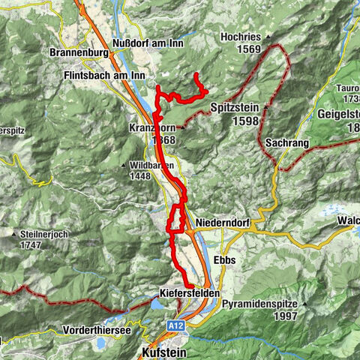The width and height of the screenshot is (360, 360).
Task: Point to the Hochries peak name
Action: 240,37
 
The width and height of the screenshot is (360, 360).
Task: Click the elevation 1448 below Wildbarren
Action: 144,175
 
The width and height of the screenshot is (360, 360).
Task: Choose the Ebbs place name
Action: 225,259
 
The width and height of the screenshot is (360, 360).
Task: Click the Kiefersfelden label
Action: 190,293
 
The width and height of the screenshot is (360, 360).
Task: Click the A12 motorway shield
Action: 174,325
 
